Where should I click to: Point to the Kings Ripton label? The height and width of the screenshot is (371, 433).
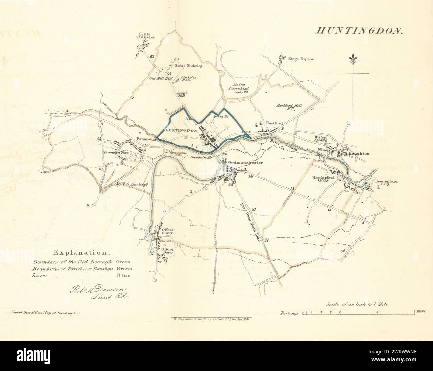[302, 59]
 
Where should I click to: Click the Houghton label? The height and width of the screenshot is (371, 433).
[359, 153]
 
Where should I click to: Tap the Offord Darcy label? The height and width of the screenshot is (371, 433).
[168, 251]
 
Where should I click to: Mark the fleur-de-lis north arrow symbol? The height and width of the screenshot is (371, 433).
[352, 59]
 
